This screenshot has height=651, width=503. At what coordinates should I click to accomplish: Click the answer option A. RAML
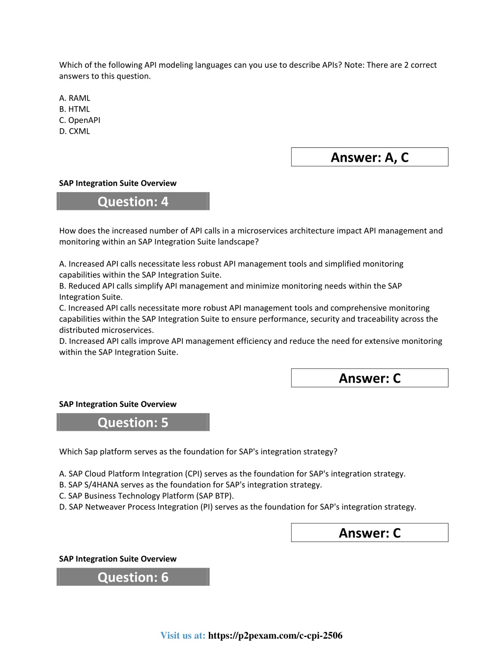(x=75, y=98)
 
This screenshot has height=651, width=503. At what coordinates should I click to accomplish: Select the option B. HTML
(x=75, y=109)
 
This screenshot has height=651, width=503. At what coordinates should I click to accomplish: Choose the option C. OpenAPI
(x=80, y=120)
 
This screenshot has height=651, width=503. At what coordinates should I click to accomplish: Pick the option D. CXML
(x=75, y=131)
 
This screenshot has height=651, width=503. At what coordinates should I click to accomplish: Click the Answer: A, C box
(x=369, y=157)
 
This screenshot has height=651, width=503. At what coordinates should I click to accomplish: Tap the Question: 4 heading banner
(x=133, y=201)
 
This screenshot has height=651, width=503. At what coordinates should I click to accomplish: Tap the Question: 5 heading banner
(x=133, y=423)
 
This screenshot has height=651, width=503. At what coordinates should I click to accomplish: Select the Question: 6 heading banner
(x=133, y=577)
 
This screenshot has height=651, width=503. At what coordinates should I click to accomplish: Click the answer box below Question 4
(x=369, y=378)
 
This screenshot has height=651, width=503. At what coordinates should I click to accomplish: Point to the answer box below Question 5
(x=369, y=533)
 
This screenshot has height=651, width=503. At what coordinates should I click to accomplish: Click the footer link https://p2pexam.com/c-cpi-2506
(x=275, y=636)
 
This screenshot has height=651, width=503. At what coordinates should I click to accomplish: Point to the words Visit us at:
(x=183, y=636)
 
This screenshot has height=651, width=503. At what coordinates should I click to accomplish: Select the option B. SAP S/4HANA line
(x=191, y=485)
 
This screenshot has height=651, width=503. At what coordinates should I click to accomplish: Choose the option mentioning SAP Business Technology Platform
(x=146, y=496)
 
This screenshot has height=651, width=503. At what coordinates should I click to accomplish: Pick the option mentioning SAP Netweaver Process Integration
(x=237, y=507)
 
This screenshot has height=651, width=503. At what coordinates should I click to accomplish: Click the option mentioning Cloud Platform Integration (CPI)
(x=232, y=474)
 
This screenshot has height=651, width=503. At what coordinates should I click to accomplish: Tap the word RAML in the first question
(x=80, y=98)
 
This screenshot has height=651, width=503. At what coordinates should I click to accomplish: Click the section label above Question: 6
(x=118, y=559)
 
